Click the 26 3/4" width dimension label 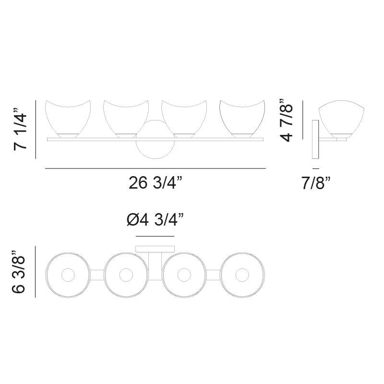pos(156,183)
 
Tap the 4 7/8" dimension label pos(287,120)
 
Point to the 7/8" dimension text pos(315,183)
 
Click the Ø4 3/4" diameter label pos(155,220)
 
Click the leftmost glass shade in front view pos(67,118)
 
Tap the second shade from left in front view pos(126,118)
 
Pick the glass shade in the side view pos(342,118)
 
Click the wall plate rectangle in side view pos(315,139)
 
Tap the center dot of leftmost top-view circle pos(67,275)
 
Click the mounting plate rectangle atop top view pos(155,249)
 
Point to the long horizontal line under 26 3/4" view pos(156,168)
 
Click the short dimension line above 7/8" pos(315,168)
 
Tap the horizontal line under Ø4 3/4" pos(155,236)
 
